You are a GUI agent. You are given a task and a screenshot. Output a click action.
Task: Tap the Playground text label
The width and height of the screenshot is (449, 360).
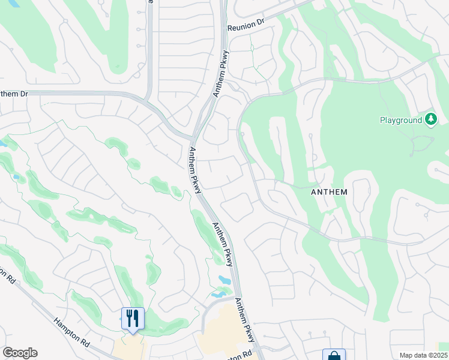click(x=401, y=120)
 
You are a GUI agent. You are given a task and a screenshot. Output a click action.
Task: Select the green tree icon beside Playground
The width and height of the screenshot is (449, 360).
click(x=430, y=120)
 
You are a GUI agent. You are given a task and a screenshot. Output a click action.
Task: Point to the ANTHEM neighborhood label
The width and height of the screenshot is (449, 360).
click(x=328, y=192)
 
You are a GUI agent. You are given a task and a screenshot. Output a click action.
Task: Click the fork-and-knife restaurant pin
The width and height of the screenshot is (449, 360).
click(x=132, y=319)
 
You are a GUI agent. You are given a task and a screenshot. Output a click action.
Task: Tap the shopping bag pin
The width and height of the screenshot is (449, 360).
click(x=334, y=356)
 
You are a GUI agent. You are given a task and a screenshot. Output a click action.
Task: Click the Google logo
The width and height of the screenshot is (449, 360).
click(x=20, y=353)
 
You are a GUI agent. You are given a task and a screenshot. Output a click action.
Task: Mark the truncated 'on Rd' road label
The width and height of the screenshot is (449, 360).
click(x=7, y=275)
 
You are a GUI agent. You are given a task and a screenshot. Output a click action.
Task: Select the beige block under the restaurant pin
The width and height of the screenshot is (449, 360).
click(x=128, y=349)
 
